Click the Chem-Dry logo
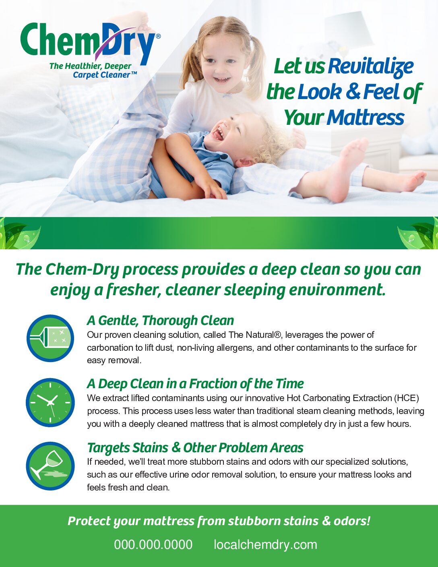pos(91,50)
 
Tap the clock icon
pos(50,403)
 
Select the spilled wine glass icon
pos(50,466)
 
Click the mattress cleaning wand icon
pos(50,338)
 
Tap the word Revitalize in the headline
pos(371,66)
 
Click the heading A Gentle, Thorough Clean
pos(160,321)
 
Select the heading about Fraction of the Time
pos(195,384)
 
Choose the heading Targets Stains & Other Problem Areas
pos(195,448)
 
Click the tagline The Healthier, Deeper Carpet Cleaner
pos(93,70)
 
